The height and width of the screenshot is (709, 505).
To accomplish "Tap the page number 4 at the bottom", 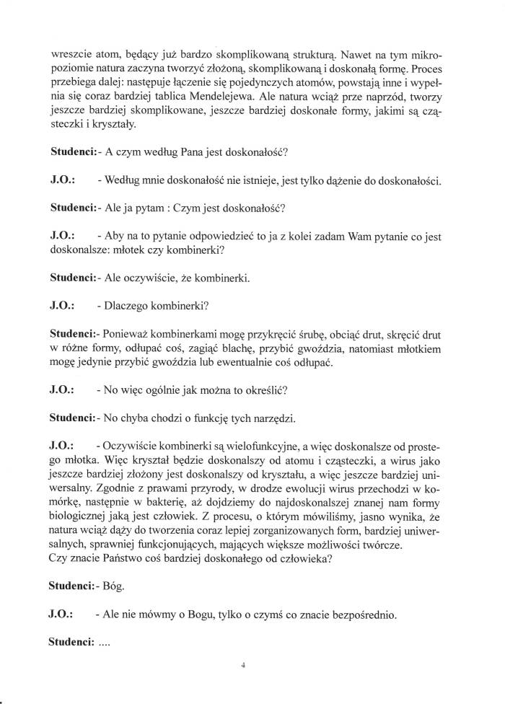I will coord(245,666).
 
